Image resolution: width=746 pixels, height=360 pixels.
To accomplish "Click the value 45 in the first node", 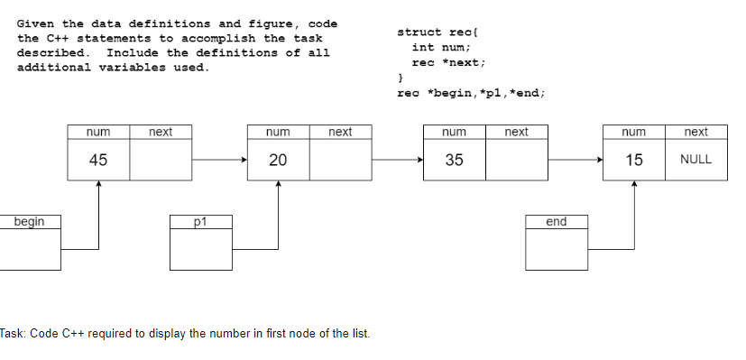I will point(98,160).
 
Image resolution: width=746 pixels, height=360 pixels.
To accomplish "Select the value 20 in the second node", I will point(278,160).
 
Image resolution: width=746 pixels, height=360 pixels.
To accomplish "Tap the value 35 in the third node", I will point(454,160).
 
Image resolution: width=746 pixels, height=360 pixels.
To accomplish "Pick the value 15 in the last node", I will point(634,160).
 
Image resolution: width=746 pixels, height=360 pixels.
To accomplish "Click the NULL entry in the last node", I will point(695,160).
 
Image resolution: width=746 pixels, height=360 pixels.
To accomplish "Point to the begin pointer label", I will point(31,221).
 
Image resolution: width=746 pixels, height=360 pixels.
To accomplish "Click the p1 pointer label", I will point(200,221).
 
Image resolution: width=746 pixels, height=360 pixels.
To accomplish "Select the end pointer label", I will point(557,221).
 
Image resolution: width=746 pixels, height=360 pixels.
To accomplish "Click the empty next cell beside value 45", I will point(161,160).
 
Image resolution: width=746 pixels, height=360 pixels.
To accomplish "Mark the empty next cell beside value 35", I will point(516,160).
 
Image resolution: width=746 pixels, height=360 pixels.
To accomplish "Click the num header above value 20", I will point(278,132).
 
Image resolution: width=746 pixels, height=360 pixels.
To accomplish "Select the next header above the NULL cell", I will point(695,132).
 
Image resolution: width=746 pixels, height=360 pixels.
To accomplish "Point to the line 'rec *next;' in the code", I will point(448,62).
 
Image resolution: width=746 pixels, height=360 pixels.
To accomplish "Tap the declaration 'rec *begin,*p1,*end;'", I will point(471,93).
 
